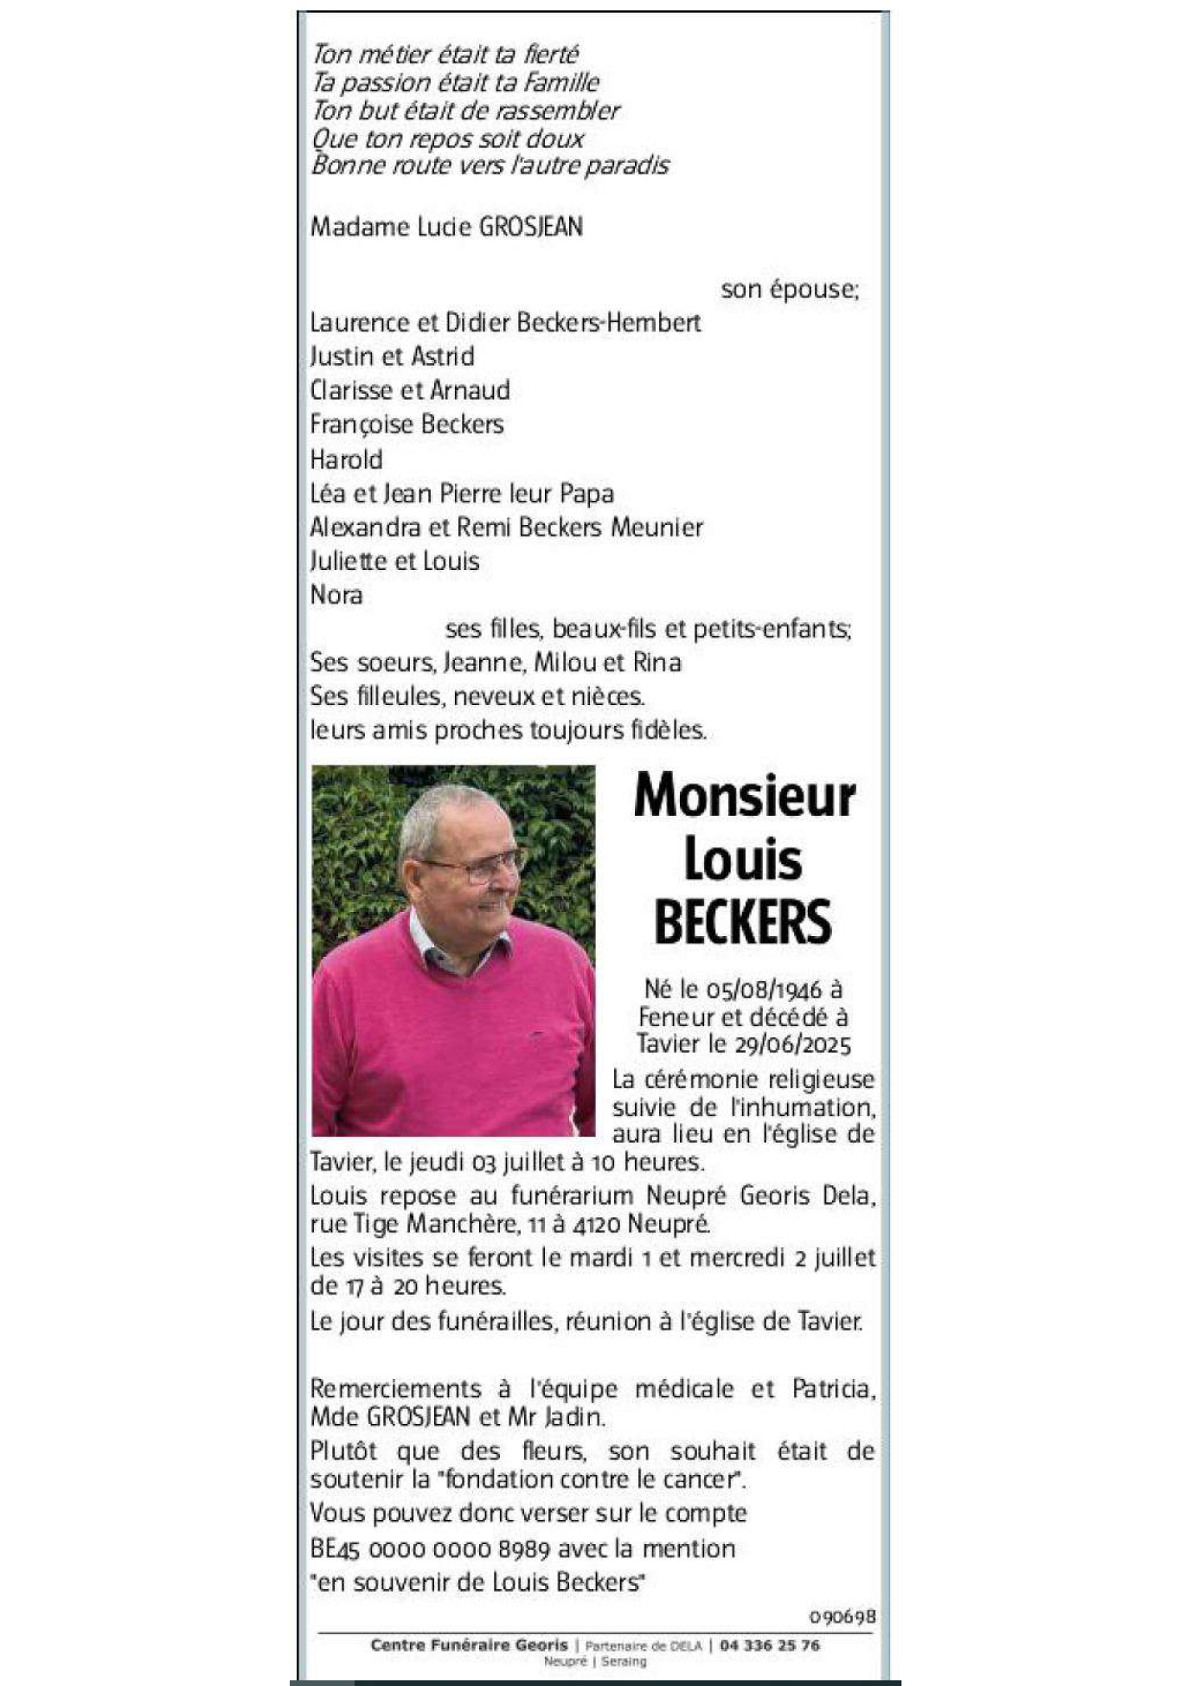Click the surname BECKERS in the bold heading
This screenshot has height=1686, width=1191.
click(x=743, y=922)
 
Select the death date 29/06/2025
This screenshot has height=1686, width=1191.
click(x=792, y=1044)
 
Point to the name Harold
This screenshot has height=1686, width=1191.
click(x=346, y=459)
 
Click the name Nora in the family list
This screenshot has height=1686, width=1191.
click(x=336, y=595)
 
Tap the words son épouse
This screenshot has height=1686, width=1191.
click(x=789, y=289)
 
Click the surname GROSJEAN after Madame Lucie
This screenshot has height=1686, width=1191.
click(x=531, y=227)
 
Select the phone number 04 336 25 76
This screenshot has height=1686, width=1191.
click(x=769, y=1645)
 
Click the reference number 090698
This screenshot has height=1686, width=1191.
click(x=842, y=1616)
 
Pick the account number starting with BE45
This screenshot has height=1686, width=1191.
click(x=430, y=1548)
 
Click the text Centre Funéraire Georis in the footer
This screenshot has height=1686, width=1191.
click(x=469, y=1645)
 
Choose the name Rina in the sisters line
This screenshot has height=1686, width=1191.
click(x=657, y=663)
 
